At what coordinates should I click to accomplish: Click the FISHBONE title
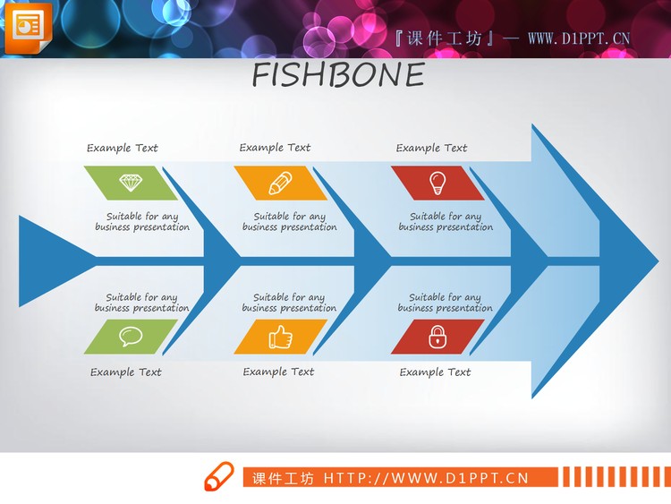pyautogui.click(x=337, y=76)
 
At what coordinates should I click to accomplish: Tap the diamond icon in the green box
pyautogui.click(x=131, y=183)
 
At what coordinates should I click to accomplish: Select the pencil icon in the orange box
pyautogui.click(x=280, y=183)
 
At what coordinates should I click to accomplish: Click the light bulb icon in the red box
pyautogui.click(x=437, y=182)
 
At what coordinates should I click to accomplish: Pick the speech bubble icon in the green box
pyautogui.click(x=131, y=337)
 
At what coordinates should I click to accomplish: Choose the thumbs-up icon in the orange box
pyautogui.click(x=280, y=337)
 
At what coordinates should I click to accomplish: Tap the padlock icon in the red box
pyautogui.click(x=437, y=337)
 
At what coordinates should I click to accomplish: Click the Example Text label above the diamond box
pyautogui.click(x=123, y=149)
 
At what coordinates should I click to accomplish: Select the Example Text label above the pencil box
pyautogui.click(x=275, y=148)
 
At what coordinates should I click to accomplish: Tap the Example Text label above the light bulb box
pyautogui.click(x=431, y=149)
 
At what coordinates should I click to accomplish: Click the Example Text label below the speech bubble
pyautogui.click(x=126, y=372)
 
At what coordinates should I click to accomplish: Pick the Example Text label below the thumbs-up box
pyautogui.click(x=278, y=372)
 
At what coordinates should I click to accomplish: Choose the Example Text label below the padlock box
pyautogui.click(x=435, y=372)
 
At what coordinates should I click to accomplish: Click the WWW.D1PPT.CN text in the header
pyautogui.click(x=579, y=38)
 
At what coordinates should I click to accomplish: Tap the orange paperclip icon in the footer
pyautogui.click(x=217, y=477)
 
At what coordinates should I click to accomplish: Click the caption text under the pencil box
pyautogui.click(x=289, y=222)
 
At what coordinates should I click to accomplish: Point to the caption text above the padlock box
pyautogui.click(x=445, y=303)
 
